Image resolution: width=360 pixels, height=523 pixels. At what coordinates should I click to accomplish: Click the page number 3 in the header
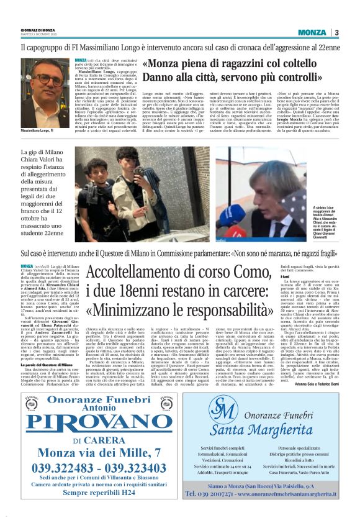pos(336,32)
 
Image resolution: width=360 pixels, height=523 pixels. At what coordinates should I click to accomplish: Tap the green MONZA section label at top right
pos(312,32)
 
